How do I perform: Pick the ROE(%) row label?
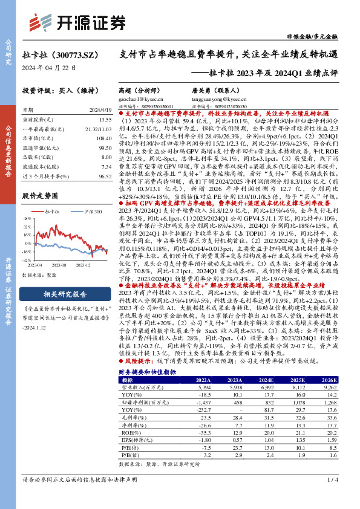point(128,399)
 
